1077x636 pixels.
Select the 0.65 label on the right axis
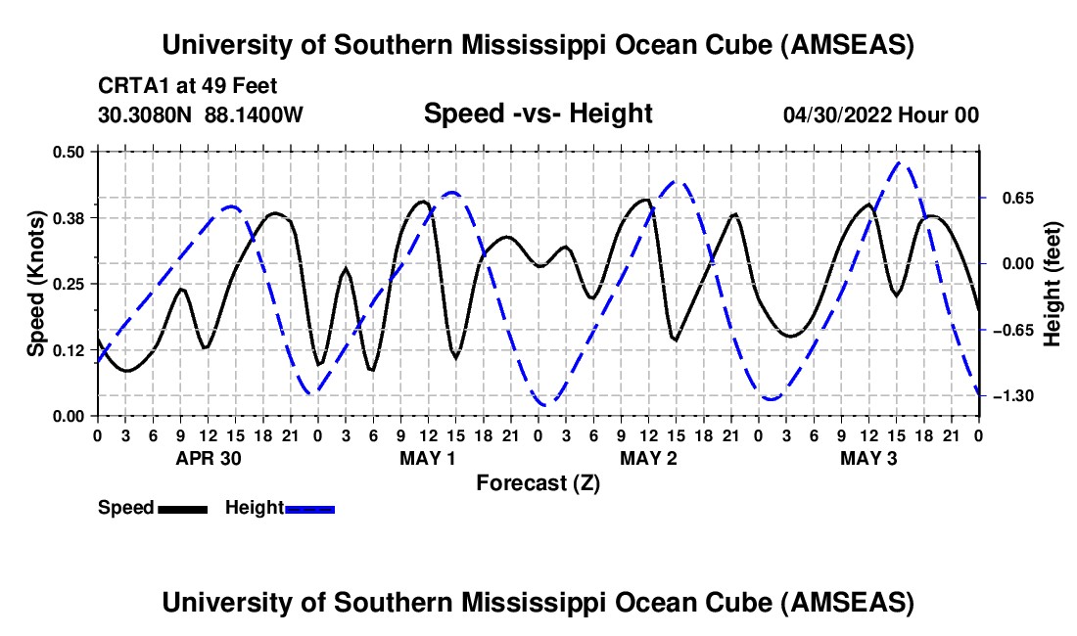pyautogui.click(x=1018, y=199)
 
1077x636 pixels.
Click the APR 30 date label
pyautogui.click(x=209, y=458)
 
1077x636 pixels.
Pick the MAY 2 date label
pyautogui.click(x=648, y=458)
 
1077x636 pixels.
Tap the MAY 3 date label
pyautogui.click(x=868, y=458)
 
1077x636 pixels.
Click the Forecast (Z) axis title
pyautogui.click(x=538, y=483)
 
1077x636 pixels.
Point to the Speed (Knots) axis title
pyautogui.click(x=35, y=284)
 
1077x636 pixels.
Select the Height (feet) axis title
pyautogui.click(x=1053, y=284)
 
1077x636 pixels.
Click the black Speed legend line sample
pyautogui.click(x=183, y=509)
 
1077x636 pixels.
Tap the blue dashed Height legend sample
pyautogui.click(x=309, y=509)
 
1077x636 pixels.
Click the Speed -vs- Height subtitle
pyautogui.click(x=538, y=114)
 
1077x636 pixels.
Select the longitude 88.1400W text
pyautogui.click(x=254, y=114)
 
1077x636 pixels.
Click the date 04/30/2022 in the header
pyautogui.click(x=838, y=114)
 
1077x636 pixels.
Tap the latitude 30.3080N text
pyautogui.click(x=145, y=114)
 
